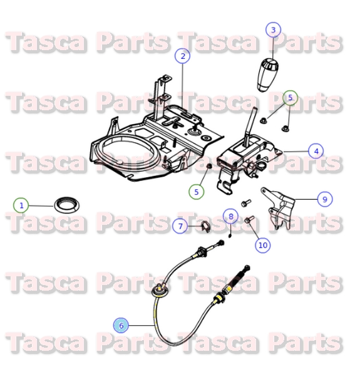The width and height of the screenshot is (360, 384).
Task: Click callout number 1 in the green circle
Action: coord(21,205)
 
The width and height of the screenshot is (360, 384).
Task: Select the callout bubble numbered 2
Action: coord(182,56)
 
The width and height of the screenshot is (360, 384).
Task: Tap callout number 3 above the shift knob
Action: coord(273,29)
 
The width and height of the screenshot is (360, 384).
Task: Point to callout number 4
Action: coord(316,150)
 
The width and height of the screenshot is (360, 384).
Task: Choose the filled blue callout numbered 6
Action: coord(121,325)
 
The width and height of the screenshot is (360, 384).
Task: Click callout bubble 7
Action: coord(179,226)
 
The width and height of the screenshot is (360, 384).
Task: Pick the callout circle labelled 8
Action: coord(230,217)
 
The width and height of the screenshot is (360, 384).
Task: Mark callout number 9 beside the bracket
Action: coord(324,199)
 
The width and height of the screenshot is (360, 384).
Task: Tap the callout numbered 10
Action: coord(262,245)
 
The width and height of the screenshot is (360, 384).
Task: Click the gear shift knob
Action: coord(269,73)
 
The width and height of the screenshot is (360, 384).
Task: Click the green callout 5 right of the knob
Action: coord(290,98)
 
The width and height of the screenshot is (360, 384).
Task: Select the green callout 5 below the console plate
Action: coord(197,192)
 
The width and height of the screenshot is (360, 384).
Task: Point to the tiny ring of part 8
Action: coord(230,236)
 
